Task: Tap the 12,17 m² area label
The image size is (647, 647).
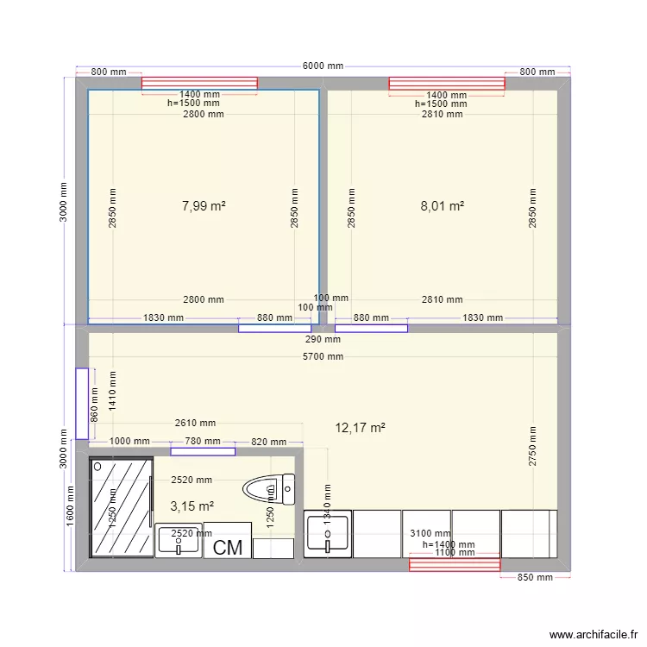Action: (361, 427)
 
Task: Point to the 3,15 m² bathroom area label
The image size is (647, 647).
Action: (192, 506)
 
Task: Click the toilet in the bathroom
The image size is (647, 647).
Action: (268, 491)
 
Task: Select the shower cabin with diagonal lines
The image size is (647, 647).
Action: (122, 508)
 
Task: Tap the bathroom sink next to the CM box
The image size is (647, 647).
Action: (179, 541)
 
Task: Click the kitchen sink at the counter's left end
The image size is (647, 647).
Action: (328, 534)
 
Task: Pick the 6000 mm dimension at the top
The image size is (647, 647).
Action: (323, 66)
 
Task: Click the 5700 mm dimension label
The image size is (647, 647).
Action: (323, 356)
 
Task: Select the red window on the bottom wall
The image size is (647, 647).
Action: (455, 564)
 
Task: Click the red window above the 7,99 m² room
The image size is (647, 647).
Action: (200, 83)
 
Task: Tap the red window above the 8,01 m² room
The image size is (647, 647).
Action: (447, 83)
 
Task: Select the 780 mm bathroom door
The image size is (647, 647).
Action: (203, 450)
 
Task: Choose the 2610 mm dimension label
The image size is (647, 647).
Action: (195, 423)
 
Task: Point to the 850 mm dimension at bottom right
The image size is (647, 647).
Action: (534, 578)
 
